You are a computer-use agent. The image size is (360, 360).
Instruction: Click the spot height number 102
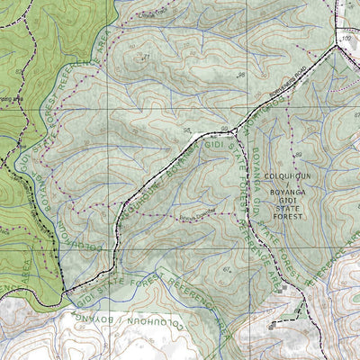click(x=345, y=40)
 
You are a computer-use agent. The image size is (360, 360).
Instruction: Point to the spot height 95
click(x=187, y=131)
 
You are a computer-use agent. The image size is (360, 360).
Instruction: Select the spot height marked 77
click(x=146, y=57)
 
